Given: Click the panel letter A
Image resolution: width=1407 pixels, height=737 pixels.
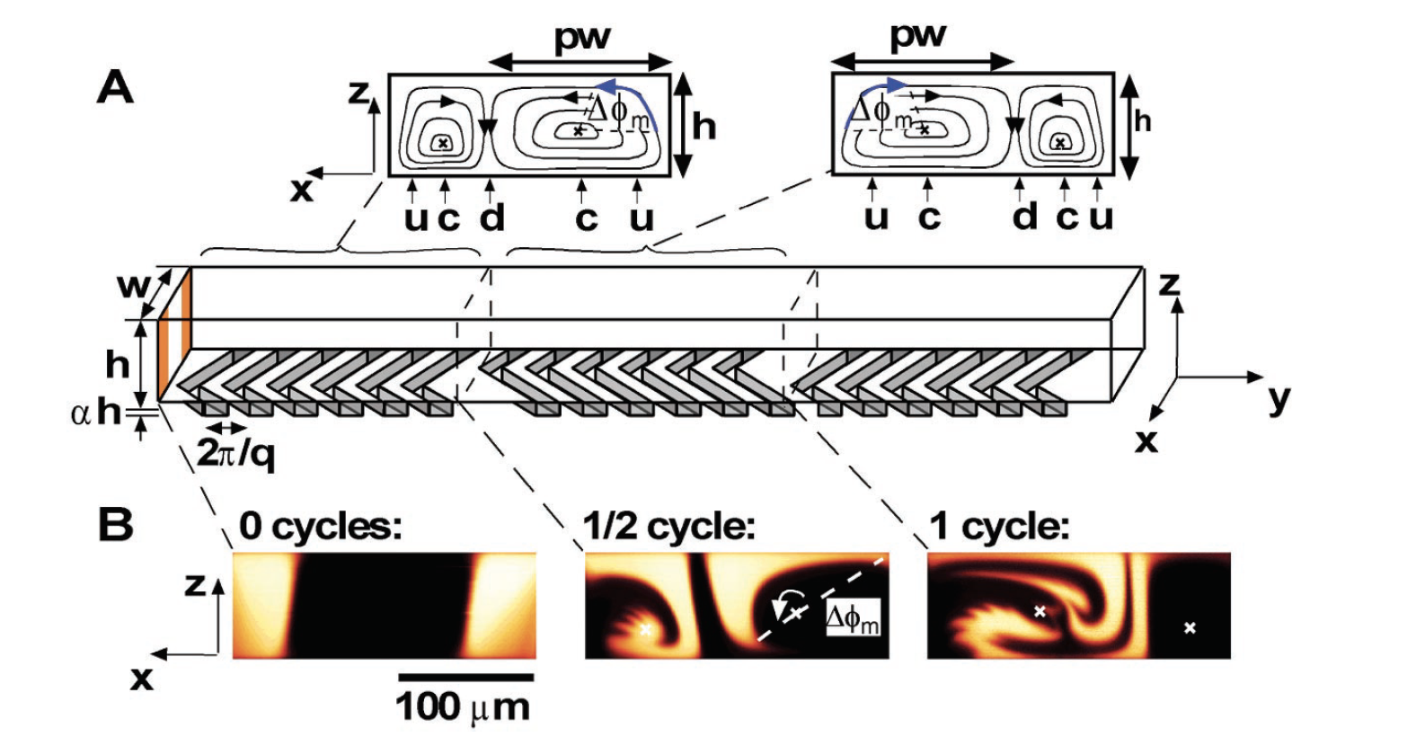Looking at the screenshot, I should click(116, 89).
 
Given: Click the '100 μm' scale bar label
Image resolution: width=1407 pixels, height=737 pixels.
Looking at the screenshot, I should click(464, 707).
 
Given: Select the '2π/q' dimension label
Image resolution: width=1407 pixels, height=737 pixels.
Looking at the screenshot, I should click(235, 457).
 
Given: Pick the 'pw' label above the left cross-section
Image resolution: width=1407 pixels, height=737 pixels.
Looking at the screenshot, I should click(582, 39).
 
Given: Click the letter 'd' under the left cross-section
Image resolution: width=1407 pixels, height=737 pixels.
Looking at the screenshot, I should click(491, 218).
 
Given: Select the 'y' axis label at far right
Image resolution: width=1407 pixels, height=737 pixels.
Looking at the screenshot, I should click(1279, 400).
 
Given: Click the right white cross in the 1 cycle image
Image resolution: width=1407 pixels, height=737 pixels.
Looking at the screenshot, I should click(1190, 627).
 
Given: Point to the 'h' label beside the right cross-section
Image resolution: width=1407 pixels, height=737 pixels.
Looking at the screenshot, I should click(1143, 120).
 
